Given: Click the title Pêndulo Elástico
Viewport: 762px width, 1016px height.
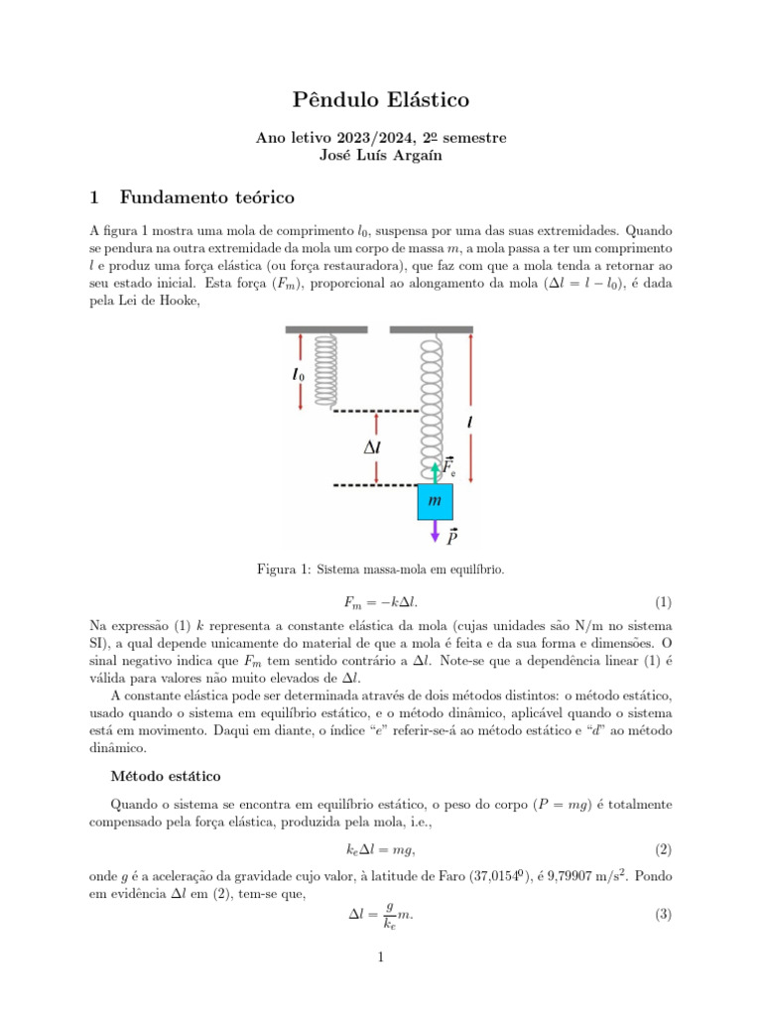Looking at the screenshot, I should pos(381,99).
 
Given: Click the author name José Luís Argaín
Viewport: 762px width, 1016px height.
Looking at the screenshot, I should pos(381,156).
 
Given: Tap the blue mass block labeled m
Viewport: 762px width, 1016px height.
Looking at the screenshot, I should pos(435,502).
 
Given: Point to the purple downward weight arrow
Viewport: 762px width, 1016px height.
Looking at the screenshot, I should pos(435,532).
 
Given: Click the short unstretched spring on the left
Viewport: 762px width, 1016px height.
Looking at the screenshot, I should pos(326,369).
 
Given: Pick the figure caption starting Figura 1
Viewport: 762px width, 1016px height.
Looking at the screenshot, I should pos(381,570).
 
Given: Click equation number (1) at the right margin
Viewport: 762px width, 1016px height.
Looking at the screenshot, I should pos(663,602).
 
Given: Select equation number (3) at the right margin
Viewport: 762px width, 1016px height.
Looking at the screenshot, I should pos(663,915).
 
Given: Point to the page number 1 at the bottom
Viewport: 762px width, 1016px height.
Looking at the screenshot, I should pos(381,957).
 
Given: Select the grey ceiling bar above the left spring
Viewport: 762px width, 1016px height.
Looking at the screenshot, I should pos(325,328).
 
